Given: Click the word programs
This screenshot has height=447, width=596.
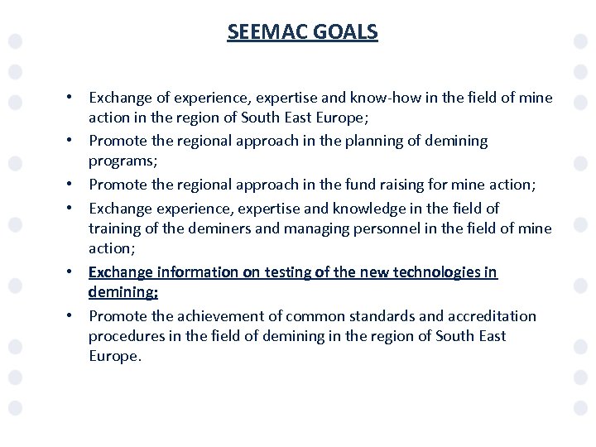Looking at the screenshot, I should (121, 161).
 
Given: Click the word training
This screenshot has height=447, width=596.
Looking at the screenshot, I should (116, 228).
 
